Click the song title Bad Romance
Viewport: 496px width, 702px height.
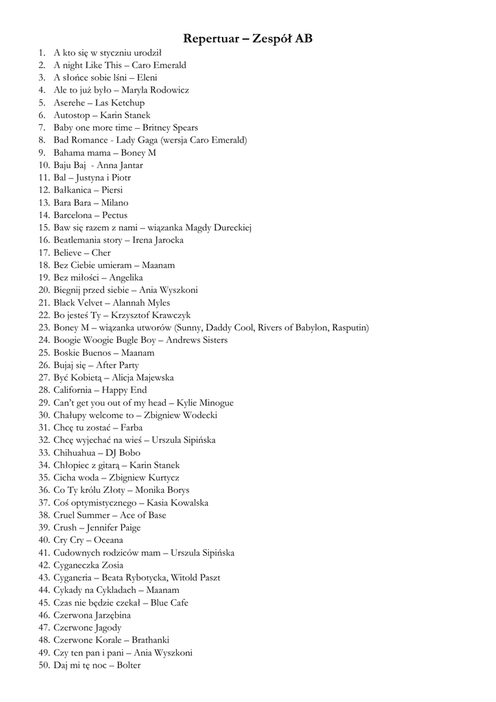[x=78, y=140]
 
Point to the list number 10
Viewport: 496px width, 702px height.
[x=42, y=165]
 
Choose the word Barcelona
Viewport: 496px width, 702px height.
[x=73, y=215]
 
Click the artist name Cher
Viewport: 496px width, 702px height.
[x=101, y=252]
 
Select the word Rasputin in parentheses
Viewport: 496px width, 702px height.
[x=349, y=328]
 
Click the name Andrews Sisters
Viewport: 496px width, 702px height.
[x=197, y=340]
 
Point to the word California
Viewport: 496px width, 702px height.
[x=73, y=390]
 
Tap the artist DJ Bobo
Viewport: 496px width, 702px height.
[x=123, y=452]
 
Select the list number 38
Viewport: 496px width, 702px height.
[x=42, y=515]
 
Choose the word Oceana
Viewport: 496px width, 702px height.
[x=109, y=540]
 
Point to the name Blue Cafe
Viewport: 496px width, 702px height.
[x=169, y=603]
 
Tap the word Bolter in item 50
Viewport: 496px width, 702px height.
[x=128, y=665]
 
